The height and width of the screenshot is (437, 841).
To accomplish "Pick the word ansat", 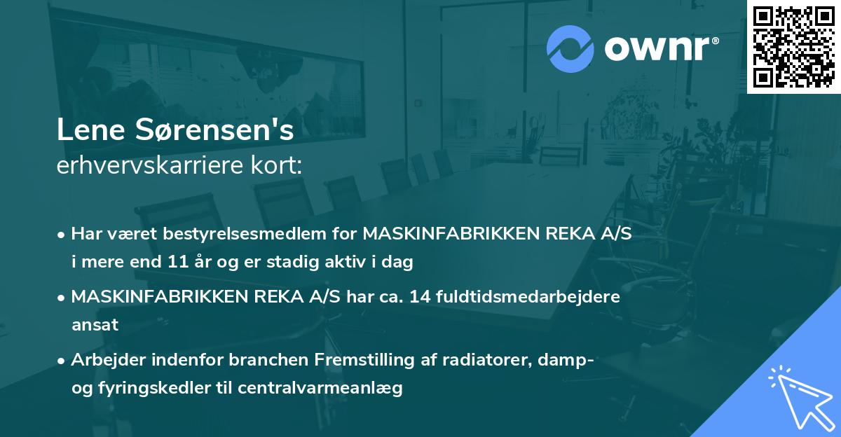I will (x=95, y=326).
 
